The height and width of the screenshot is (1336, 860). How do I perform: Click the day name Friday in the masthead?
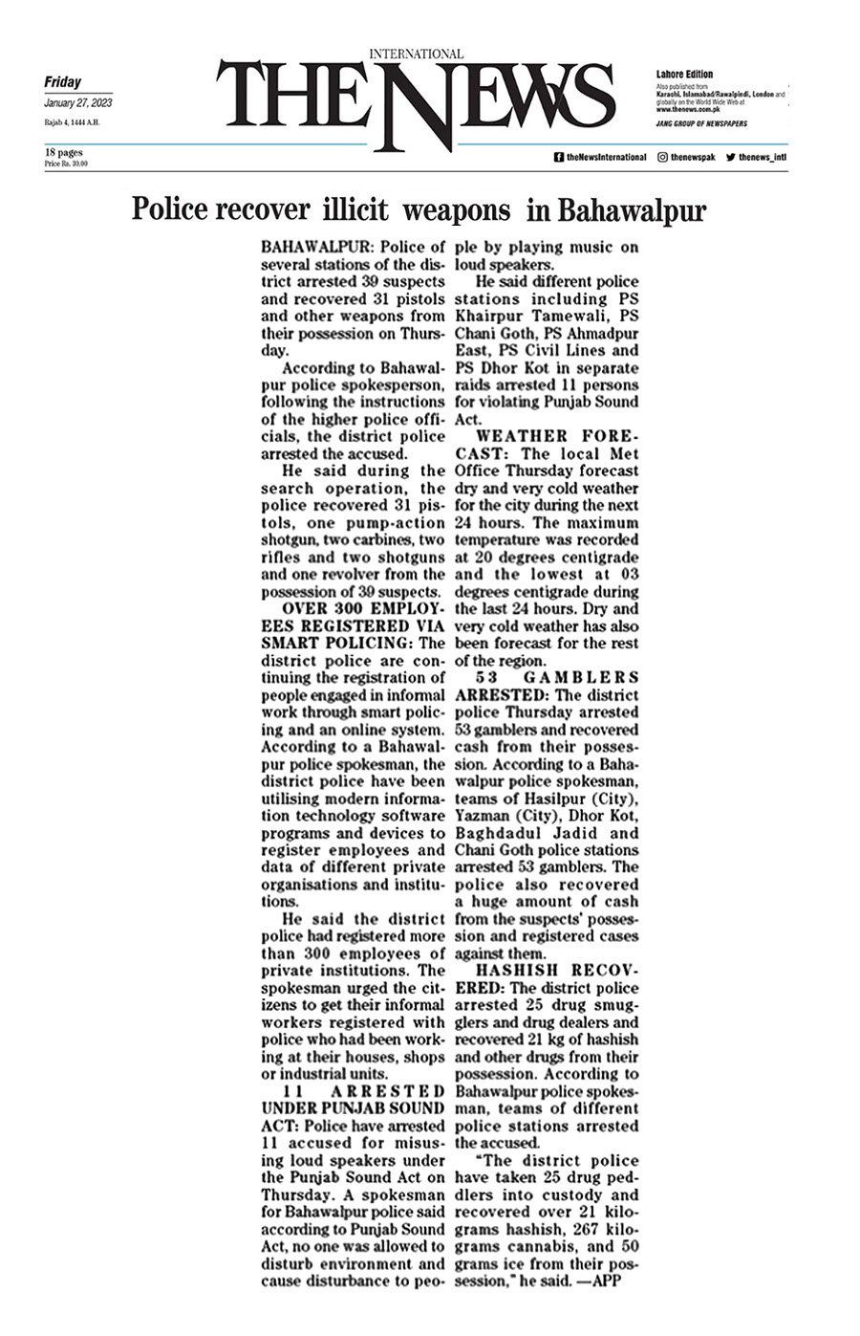tap(62, 82)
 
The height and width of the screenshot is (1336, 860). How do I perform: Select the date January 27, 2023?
tap(77, 102)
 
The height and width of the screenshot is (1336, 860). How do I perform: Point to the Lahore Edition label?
tap(684, 74)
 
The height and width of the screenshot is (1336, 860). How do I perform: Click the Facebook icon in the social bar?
tap(558, 157)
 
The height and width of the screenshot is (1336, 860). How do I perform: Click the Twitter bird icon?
tap(730, 157)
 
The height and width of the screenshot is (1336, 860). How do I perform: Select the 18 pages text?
tap(63, 152)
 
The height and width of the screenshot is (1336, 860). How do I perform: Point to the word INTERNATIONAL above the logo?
tap(416, 55)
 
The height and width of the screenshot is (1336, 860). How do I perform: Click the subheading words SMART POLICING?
tap(331, 644)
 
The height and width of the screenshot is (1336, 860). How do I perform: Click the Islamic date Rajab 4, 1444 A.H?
tap(72, 122)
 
